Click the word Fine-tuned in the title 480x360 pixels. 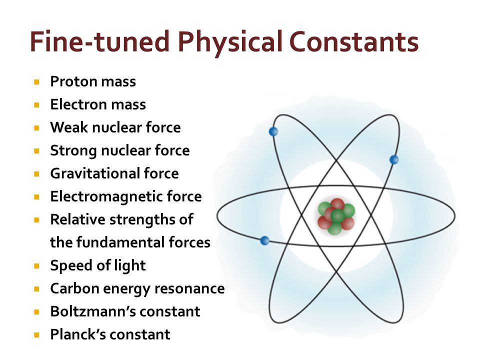pyautogui.click(x=100, y=41)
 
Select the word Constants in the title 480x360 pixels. pyautogui.click(x=353, y=41)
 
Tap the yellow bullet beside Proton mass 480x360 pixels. pyautogui.click(x=36, y=81)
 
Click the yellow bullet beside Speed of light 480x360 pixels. pyautogui.click(x=36, y=265)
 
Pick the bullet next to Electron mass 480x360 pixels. pyautogui.click(x=36, y=104)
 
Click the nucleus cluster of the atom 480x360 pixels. pyautogui.click(x=336, y=216)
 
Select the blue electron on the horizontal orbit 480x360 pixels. pyautogui.click(x=265, y=240)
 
